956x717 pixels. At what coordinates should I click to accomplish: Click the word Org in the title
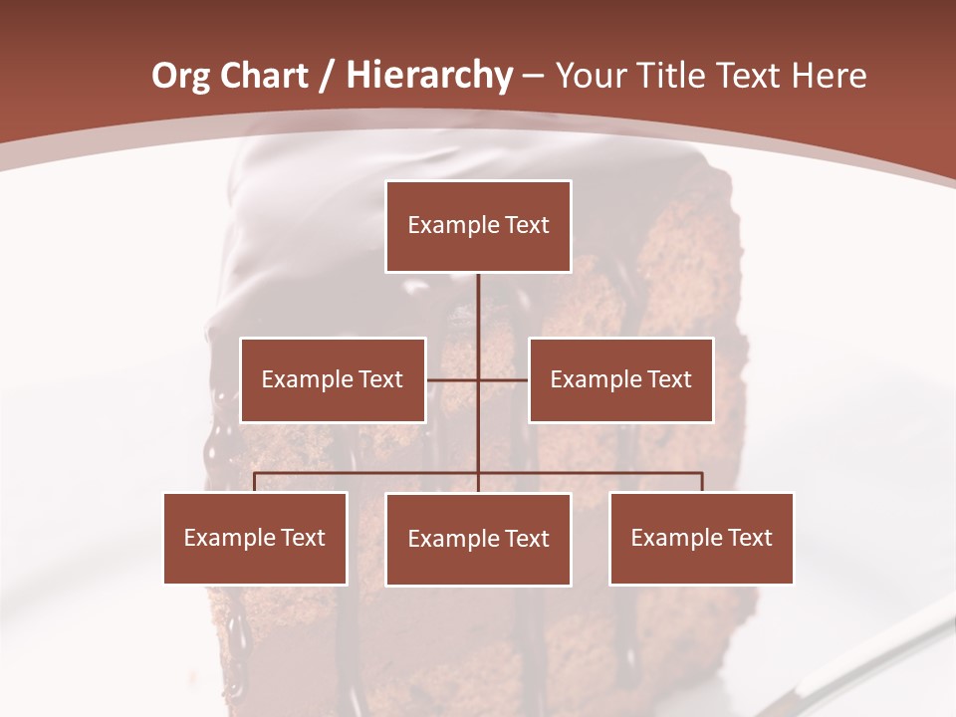181,76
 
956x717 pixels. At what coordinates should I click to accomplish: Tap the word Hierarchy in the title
429,76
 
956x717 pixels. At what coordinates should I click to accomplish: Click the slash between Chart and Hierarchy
327,77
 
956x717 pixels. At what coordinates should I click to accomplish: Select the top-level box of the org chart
478,226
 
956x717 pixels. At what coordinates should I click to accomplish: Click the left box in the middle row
333,379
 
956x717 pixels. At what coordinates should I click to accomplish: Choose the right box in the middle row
620,379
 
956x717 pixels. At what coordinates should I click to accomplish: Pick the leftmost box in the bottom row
255,538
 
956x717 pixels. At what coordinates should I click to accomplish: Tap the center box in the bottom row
478,539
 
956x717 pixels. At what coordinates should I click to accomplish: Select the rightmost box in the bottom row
701,538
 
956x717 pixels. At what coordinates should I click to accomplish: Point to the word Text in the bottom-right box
749,538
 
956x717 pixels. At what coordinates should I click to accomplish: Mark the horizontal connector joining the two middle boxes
454,379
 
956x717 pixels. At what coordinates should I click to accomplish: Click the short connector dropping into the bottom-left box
255,482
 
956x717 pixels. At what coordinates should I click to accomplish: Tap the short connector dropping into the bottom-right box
702,482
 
